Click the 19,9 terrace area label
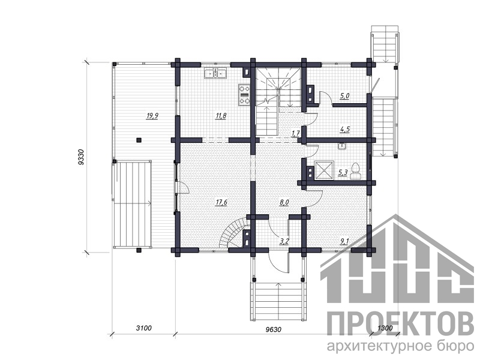point(152,116)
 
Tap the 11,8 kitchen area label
point(221,116)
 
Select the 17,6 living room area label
point(221,202)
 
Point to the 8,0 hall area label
point(284,202)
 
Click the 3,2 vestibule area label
point(284,241)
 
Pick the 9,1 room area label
point(344,241)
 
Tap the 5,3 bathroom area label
point(343,173)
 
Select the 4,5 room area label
point(344,130)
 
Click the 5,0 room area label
point(344,96)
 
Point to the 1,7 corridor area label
point(295,133)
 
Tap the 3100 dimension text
point(143,328)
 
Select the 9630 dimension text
point(274,329)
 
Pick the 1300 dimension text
point(385,328)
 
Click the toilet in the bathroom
point(356,171)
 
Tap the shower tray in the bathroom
point(324,171)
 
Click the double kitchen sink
point(215,73)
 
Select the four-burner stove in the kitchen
point(244,95)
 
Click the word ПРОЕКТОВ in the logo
point(401,325)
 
